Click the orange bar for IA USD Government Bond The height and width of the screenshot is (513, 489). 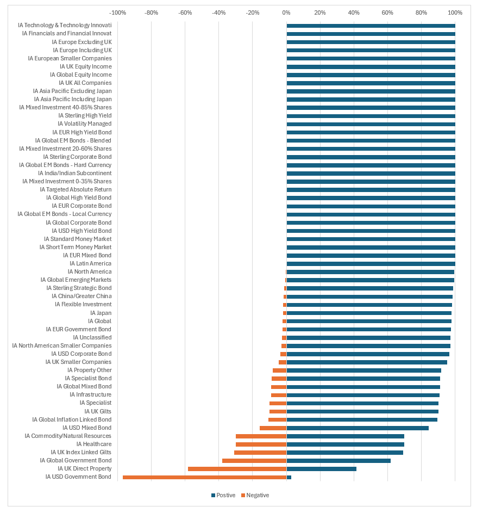pyautogui.click(x=204, y=477)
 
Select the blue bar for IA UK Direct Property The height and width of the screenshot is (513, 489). pyautogui.click(x=321, y=469)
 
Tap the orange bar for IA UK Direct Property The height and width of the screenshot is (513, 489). pyautogui.click(x=237, y=469)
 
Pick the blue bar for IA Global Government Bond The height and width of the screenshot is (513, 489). pyautogui.click(x=338, y=461)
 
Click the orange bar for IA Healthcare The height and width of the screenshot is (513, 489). pyautogui.click(x=261, y=444)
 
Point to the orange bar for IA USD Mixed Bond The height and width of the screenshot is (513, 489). pyautogui.click(x=273, y=428)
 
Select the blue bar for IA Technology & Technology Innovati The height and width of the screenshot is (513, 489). pyautogui.click(x=371, y=26)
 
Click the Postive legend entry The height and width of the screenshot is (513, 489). pyautogui.click(x=223, y=495)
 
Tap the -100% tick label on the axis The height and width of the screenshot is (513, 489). pyautogui.click(x=118, y=13)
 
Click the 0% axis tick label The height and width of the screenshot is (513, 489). pyautogui.click(x=286, y=13)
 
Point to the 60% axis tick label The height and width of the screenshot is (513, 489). pyautogui.click(x=387, y=13)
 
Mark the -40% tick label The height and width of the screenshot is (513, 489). pyautogui.click(x=219, y=13)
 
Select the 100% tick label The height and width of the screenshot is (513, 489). pyautogui.click(x=455, y=13)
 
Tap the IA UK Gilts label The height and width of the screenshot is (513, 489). pyautogui.click(x=98, y=411)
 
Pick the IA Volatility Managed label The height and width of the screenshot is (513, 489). pyautogui.click(x=85, y=124)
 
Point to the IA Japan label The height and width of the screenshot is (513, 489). pyautogui.click(x=101, y=313)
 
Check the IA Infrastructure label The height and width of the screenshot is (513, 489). pyautogui.click(x=90, y=395)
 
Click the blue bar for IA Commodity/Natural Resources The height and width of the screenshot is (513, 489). pyautogui.click(x=345, y=436)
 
